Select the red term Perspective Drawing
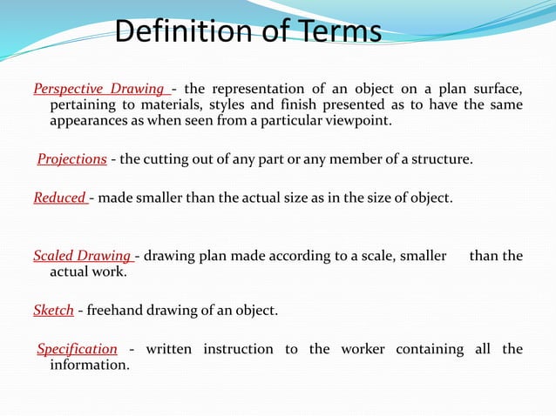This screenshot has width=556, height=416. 99,89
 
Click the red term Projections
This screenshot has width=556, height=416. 71,159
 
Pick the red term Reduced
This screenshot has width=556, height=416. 59,198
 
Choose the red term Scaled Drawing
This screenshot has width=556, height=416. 81,256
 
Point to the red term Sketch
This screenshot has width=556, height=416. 53,310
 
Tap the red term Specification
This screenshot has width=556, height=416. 77,349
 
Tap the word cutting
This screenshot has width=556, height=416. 164,159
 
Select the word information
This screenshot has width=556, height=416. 90,365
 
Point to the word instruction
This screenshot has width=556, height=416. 238,349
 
